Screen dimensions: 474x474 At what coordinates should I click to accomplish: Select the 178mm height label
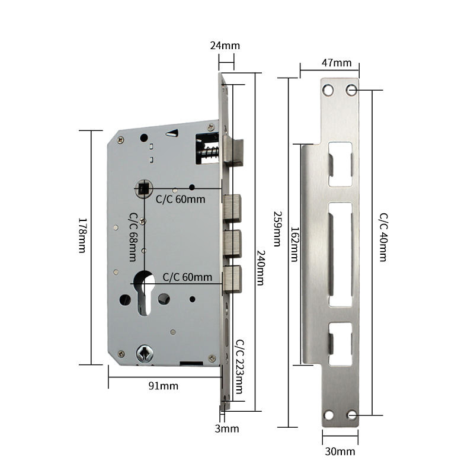pos(83,236)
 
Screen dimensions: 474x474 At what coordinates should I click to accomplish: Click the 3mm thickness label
pos(226,428)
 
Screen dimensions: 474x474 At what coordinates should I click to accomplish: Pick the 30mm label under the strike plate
pos(340,451)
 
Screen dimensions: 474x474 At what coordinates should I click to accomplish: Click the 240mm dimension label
pos(260,267)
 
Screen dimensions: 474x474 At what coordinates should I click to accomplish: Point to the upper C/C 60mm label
pos(180,200)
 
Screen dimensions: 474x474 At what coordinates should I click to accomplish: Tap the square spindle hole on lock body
pos(143,189)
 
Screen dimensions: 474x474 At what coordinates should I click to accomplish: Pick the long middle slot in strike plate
pos(341,254)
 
